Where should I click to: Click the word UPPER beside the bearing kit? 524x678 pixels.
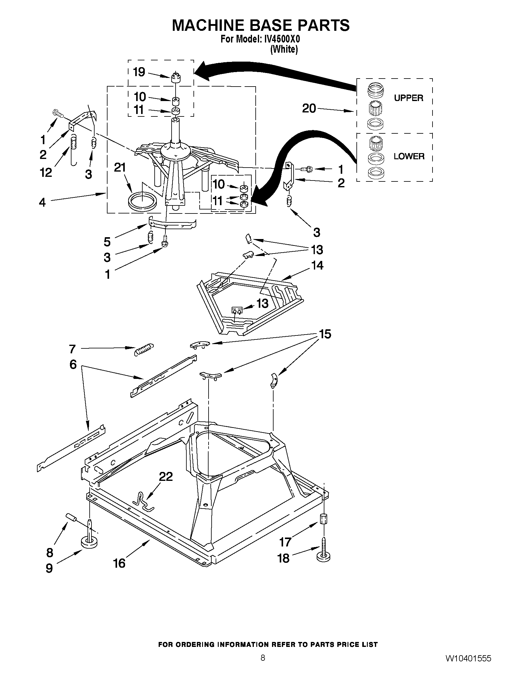pyautogui.click(x=408, y=98)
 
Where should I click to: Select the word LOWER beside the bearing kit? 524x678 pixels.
pyautogui.click(x=409, y=156)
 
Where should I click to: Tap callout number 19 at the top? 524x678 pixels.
pyautogui.click(x=139, y=72)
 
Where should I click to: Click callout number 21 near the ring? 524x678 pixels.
pyautogui.click(x=120, y=168)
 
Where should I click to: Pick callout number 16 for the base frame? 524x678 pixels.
pyautogui.click(x=119, y=563)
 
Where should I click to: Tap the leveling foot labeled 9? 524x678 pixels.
pyautogui.click(x=89, y=541)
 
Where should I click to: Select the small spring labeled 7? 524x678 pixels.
pyautogui.click(x=144, y=349)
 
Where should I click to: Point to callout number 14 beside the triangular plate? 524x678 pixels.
pyautogui.click(x=317, y=266)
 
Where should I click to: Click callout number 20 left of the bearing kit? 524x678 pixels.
pyautogui.click(x=309, y=108)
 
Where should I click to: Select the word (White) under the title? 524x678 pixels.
pyautogui.click(x=284, y=49)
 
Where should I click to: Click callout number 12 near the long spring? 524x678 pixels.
pyautogui.click(x=46, y=173)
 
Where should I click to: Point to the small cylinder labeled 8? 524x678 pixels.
pyautogui.click(x=71, y=517)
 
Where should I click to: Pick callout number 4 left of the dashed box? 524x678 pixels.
pyautogui.click(x=42, y=202)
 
